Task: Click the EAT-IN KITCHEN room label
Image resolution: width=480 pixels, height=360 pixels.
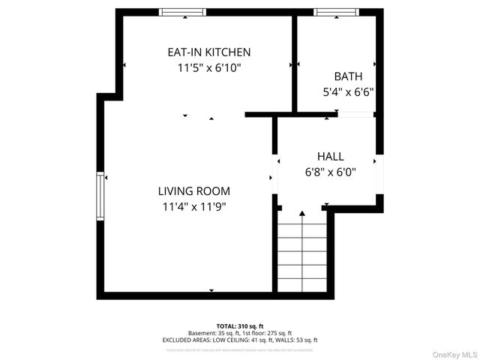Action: point(208,52)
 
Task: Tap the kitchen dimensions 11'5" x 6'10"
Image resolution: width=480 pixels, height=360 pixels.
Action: point(208,67)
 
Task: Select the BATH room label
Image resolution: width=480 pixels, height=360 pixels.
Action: point(348,76)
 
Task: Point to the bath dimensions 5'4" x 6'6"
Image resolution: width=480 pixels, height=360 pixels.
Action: point(348,93)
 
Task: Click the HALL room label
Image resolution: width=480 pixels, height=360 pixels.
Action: point(330,157)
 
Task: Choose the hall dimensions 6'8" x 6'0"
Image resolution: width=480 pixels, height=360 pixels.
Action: point(330,172)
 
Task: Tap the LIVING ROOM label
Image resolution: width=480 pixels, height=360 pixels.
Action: point(193,191)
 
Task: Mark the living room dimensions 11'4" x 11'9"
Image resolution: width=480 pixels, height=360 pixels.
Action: point(193,206)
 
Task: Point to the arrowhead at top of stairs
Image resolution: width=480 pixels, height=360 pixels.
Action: point(301,214)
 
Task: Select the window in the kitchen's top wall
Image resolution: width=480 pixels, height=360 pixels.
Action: point(183,12)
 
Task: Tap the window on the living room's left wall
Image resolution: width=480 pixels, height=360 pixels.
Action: point(100,196)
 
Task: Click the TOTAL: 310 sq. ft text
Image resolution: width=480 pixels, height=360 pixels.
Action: point(240,326)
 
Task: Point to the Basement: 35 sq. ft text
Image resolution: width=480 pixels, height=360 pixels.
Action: point(212,333)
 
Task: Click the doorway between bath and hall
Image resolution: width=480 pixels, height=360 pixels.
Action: point(355,115)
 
